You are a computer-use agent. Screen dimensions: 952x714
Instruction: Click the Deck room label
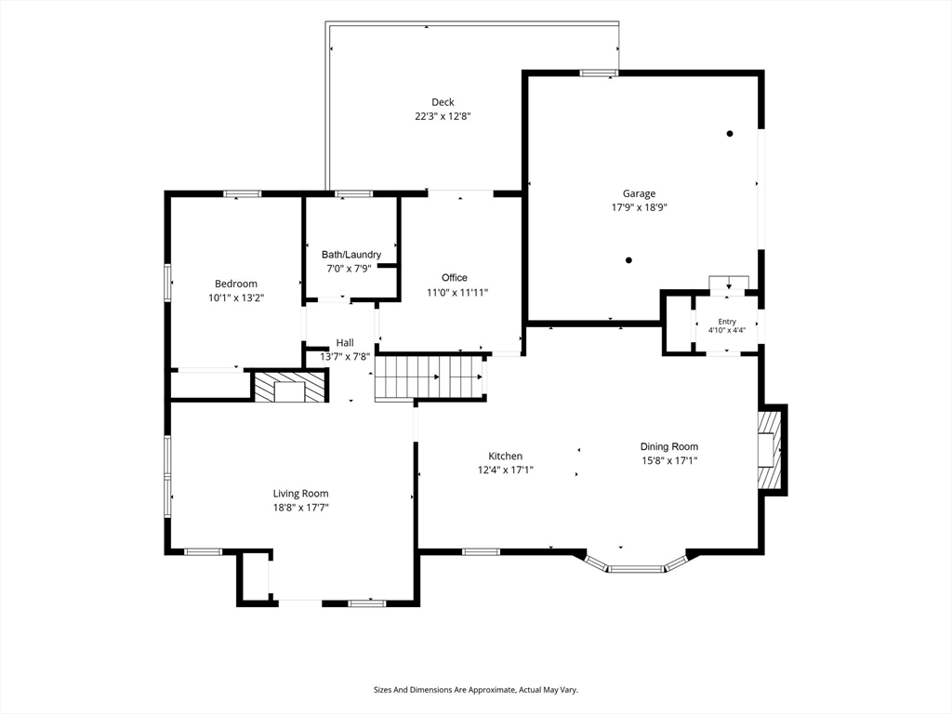tap(443, 102)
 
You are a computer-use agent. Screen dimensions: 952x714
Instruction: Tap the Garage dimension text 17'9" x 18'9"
tap(639, 207)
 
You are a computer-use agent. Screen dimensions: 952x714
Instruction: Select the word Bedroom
tap(236, 284)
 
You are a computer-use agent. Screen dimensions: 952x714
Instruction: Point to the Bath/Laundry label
tap(351, 255)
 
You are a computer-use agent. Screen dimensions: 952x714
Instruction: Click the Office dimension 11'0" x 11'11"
tap(457, 292)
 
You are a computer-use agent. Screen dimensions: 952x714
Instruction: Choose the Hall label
tap(345, 342)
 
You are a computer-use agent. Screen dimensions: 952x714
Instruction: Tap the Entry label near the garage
tap(727, 322)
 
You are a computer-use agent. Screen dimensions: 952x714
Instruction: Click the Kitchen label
tap(505, 456)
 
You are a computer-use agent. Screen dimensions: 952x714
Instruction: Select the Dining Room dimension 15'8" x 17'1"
tap(669, 460)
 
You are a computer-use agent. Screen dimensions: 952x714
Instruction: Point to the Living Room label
tap(300, 494)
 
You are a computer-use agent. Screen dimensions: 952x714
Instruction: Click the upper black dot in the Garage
tap(730, 134)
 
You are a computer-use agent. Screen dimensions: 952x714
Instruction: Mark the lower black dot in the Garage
tap(629, 260)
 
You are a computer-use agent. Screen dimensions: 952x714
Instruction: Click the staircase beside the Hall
tap(430, 377)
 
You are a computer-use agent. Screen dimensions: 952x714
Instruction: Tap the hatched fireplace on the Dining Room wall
tap(769, 450)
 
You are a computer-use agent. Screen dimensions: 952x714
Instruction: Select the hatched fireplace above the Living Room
tap(289, 387)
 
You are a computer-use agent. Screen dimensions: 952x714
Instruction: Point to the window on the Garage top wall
tap(599, 73)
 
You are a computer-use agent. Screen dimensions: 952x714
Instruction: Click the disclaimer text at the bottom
tap(475, 690)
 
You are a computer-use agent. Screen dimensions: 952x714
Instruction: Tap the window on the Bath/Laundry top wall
tap(354, 194)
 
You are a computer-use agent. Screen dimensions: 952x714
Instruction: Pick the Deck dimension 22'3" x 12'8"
tap(443, 116)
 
